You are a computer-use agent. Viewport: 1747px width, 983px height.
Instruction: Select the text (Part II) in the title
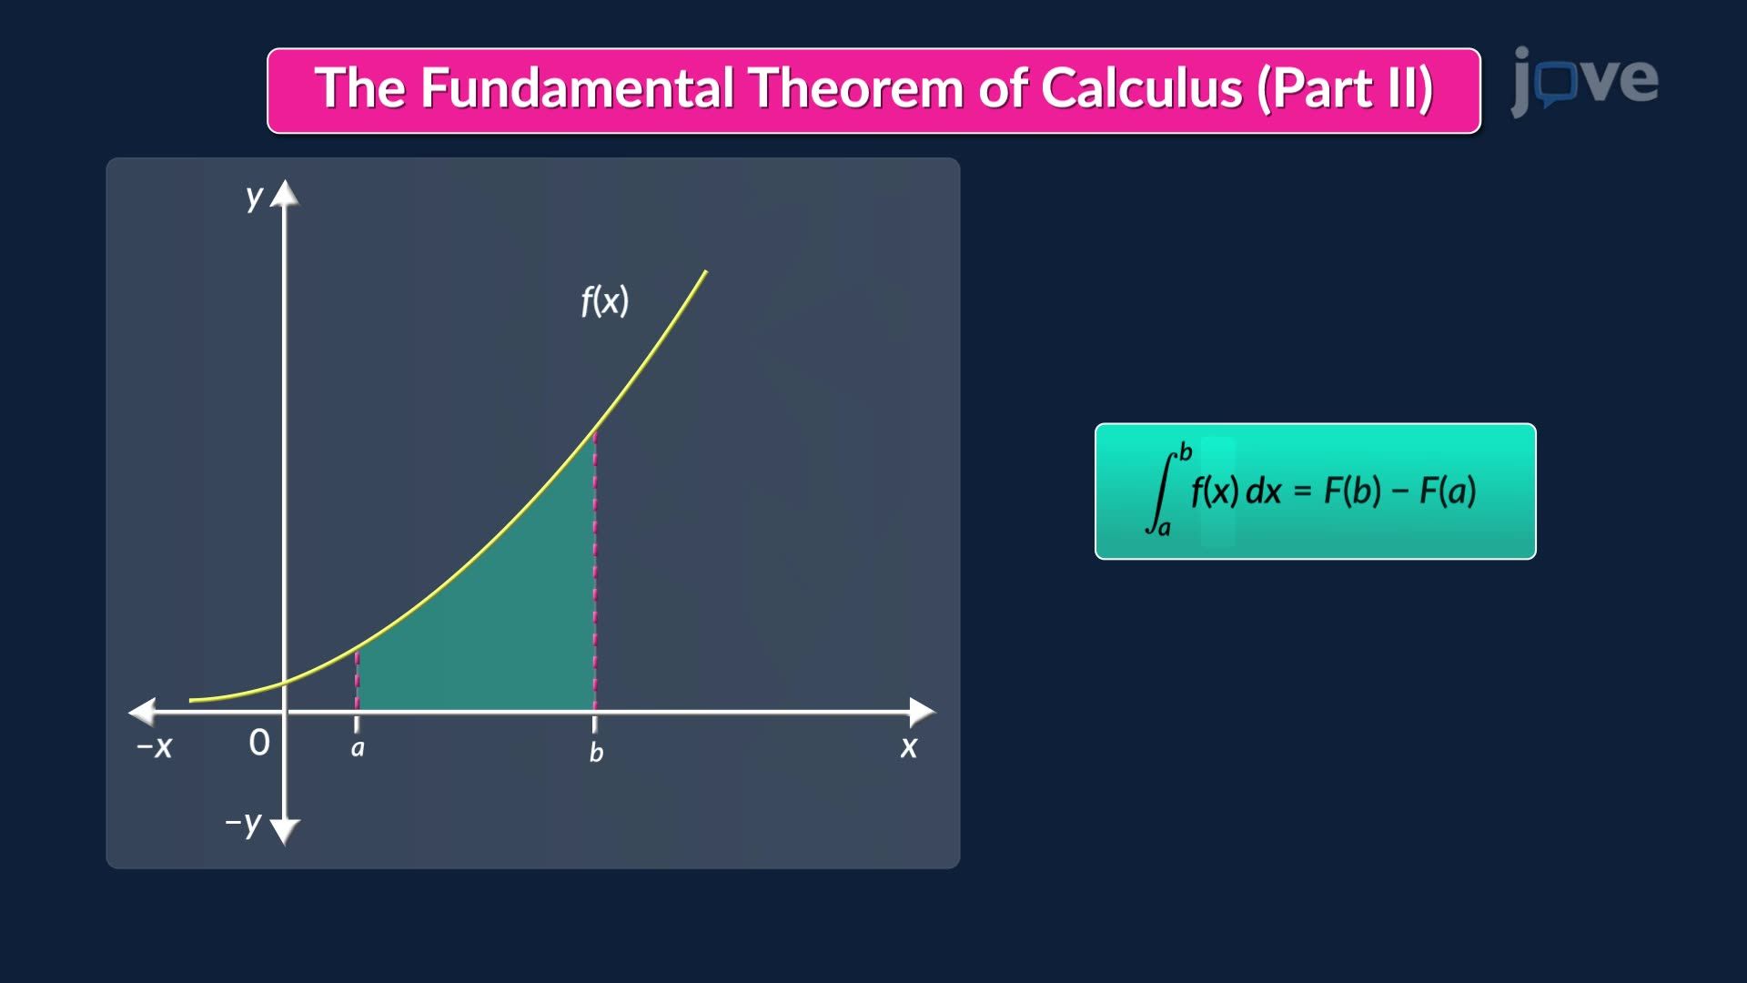tap(1346, 90)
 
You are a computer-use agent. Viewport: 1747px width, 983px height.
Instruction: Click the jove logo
tap(1584, 81)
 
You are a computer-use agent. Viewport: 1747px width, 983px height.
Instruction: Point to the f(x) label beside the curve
tap(605, 300)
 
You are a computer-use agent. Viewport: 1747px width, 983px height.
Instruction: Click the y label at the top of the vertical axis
tap(254, 197)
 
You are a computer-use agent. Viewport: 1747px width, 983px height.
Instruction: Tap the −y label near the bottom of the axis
tap(244, 823)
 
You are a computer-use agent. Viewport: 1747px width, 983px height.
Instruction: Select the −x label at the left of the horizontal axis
tap(154, 747)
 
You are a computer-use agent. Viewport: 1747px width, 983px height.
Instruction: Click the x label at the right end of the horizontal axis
tap(909, 748)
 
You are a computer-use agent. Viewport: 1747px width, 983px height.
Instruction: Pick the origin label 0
tap(259, 743)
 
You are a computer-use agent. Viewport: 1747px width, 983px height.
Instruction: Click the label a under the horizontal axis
tap(358, 748)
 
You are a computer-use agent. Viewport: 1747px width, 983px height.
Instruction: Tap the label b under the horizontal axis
tap(596, 752)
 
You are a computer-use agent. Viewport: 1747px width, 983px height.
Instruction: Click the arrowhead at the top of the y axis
tap(285, 193)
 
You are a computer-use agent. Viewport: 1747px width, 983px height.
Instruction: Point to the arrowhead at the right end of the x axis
tap(923, 712)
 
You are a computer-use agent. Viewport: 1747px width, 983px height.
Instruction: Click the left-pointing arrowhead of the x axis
tap(142, 712)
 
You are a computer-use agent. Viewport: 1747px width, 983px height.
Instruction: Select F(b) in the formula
tap(1352, 491)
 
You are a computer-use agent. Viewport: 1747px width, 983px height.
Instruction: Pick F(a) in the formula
tap(1448, 491)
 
